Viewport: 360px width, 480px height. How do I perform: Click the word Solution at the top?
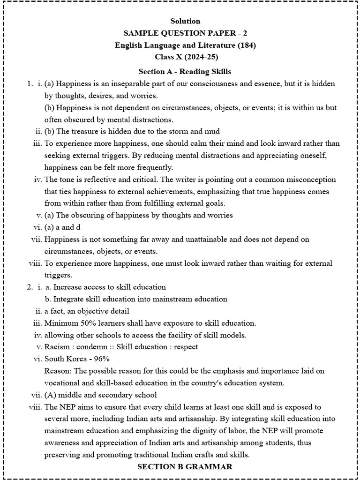click(185, 21)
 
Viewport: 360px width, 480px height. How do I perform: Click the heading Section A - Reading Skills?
click(185, 72)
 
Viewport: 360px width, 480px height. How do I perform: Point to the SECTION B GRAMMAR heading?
click(185, 467)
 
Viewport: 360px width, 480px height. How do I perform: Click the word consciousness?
click(219, 83)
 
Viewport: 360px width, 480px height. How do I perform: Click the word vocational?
click(63, 383)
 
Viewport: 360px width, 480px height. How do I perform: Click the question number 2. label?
click(30, 287)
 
